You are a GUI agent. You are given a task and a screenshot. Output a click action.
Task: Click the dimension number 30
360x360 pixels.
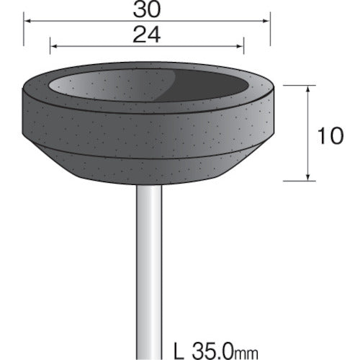point(147,12)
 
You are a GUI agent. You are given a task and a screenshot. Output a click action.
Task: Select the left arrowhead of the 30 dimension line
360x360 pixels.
point(27,22)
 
